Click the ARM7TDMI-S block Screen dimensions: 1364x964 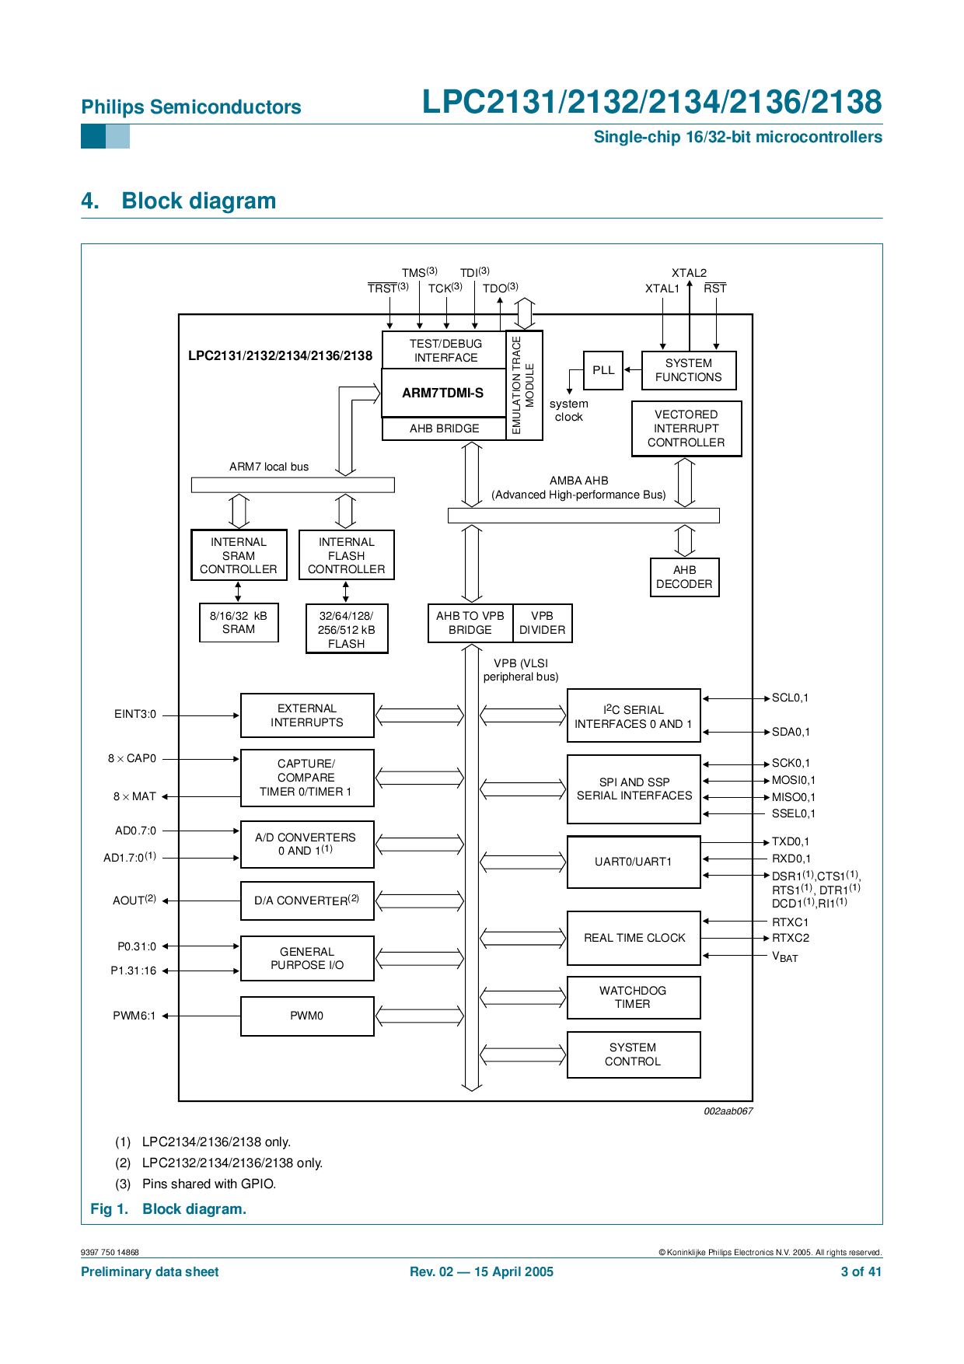pyautogui.click(x=443, y=393)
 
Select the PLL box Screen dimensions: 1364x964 pyautogui.click(x=603, y=370)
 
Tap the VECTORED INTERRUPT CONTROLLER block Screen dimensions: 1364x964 pyautogui.click(x=686, y=428)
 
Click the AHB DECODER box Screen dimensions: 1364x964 pyautogui.click(x=684, y=577)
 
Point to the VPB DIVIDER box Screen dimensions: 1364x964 pyautogui.click(x=542, y=623)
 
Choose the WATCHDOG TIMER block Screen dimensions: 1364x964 pyautogui.click(x=633, y=997)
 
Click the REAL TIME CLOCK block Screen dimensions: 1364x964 pyautogui.click(x=634, y=938)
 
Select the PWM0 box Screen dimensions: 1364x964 pyautogui.click(x=307, y=1016)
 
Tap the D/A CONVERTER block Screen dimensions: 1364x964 pyautogui.click(x=307, y=901)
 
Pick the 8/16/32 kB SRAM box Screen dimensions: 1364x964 pyautogui.click(x=239, y=622)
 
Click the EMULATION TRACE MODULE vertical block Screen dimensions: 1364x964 pyautogui.click(x=523, y=385)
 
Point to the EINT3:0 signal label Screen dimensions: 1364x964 pyautogui.click(x=135, y=714)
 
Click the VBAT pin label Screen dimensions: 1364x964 pyautogui.click(x=784, y=957)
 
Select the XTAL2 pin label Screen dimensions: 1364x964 pyautogui.click(x=689, y=273)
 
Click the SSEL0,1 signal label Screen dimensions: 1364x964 pyautogui.click(x=793, y=813)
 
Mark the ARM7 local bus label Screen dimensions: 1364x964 pyautogui.click(x=269, y=467)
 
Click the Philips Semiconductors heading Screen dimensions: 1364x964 pyautogui.click(x=191, y=107)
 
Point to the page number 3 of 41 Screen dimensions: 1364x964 pyautogui.click(x=861, y=1271)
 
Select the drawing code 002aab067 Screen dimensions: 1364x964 pyautogui.click(x=728, y=1111)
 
